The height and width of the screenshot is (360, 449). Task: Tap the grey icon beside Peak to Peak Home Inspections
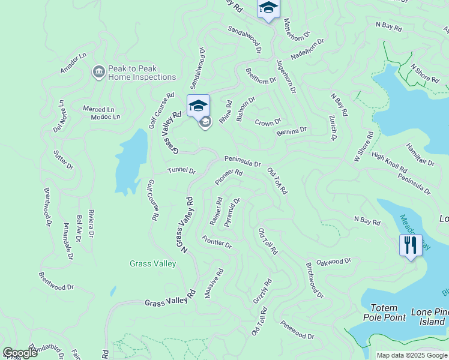(98, 73)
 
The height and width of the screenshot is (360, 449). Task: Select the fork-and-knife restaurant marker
(411, 245)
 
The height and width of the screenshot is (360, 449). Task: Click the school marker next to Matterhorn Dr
(268, 8)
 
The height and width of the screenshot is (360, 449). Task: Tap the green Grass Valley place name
(153, 263)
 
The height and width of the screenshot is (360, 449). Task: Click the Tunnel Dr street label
(182, 171)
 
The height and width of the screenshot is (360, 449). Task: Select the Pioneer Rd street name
(229, 176)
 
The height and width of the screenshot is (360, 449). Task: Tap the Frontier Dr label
(217, 243)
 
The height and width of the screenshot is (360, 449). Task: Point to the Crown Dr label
(268, 122)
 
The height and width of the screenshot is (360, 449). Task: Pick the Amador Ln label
(74, 63)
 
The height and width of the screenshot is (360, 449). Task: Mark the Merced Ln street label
(98, 109)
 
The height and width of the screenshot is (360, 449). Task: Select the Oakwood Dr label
(334, 262)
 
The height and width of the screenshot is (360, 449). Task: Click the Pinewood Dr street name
(297, 331)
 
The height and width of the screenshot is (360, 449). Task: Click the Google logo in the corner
(20, 353)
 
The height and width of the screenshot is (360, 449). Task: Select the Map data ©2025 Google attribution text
(412, 355)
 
